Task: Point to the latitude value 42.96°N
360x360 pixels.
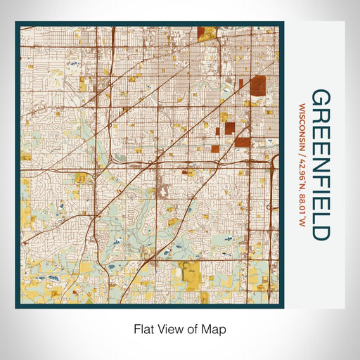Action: point(302,179)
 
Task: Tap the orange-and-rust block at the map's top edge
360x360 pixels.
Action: point(207,32)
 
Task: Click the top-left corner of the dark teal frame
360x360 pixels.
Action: point(16,22)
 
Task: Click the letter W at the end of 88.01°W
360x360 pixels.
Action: point(302,223)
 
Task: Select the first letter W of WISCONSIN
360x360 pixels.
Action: point(302,105)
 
